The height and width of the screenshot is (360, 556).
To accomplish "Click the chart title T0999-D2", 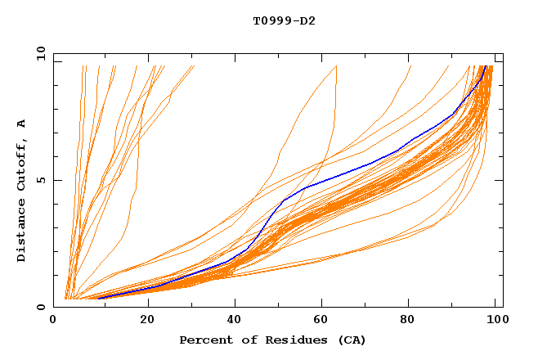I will tap(284, 20).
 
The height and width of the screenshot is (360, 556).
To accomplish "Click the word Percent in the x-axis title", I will tap(203, 340).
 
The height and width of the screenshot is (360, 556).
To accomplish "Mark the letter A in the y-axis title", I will tap(22, 123).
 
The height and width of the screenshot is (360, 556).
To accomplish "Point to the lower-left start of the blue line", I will tap(98, 298).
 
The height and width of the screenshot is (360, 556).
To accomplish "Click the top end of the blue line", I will tap(486, 66).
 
